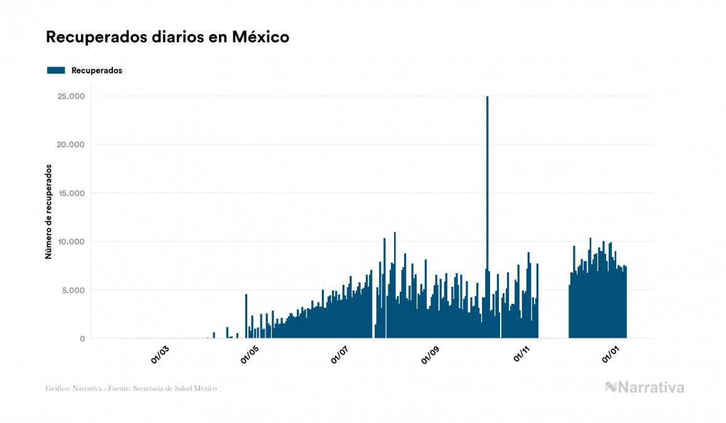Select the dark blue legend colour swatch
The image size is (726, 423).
56,70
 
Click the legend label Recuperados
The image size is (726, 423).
97,70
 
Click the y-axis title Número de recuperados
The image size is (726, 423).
48,212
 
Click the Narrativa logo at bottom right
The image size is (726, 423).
644,387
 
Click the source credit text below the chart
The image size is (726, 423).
131,388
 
